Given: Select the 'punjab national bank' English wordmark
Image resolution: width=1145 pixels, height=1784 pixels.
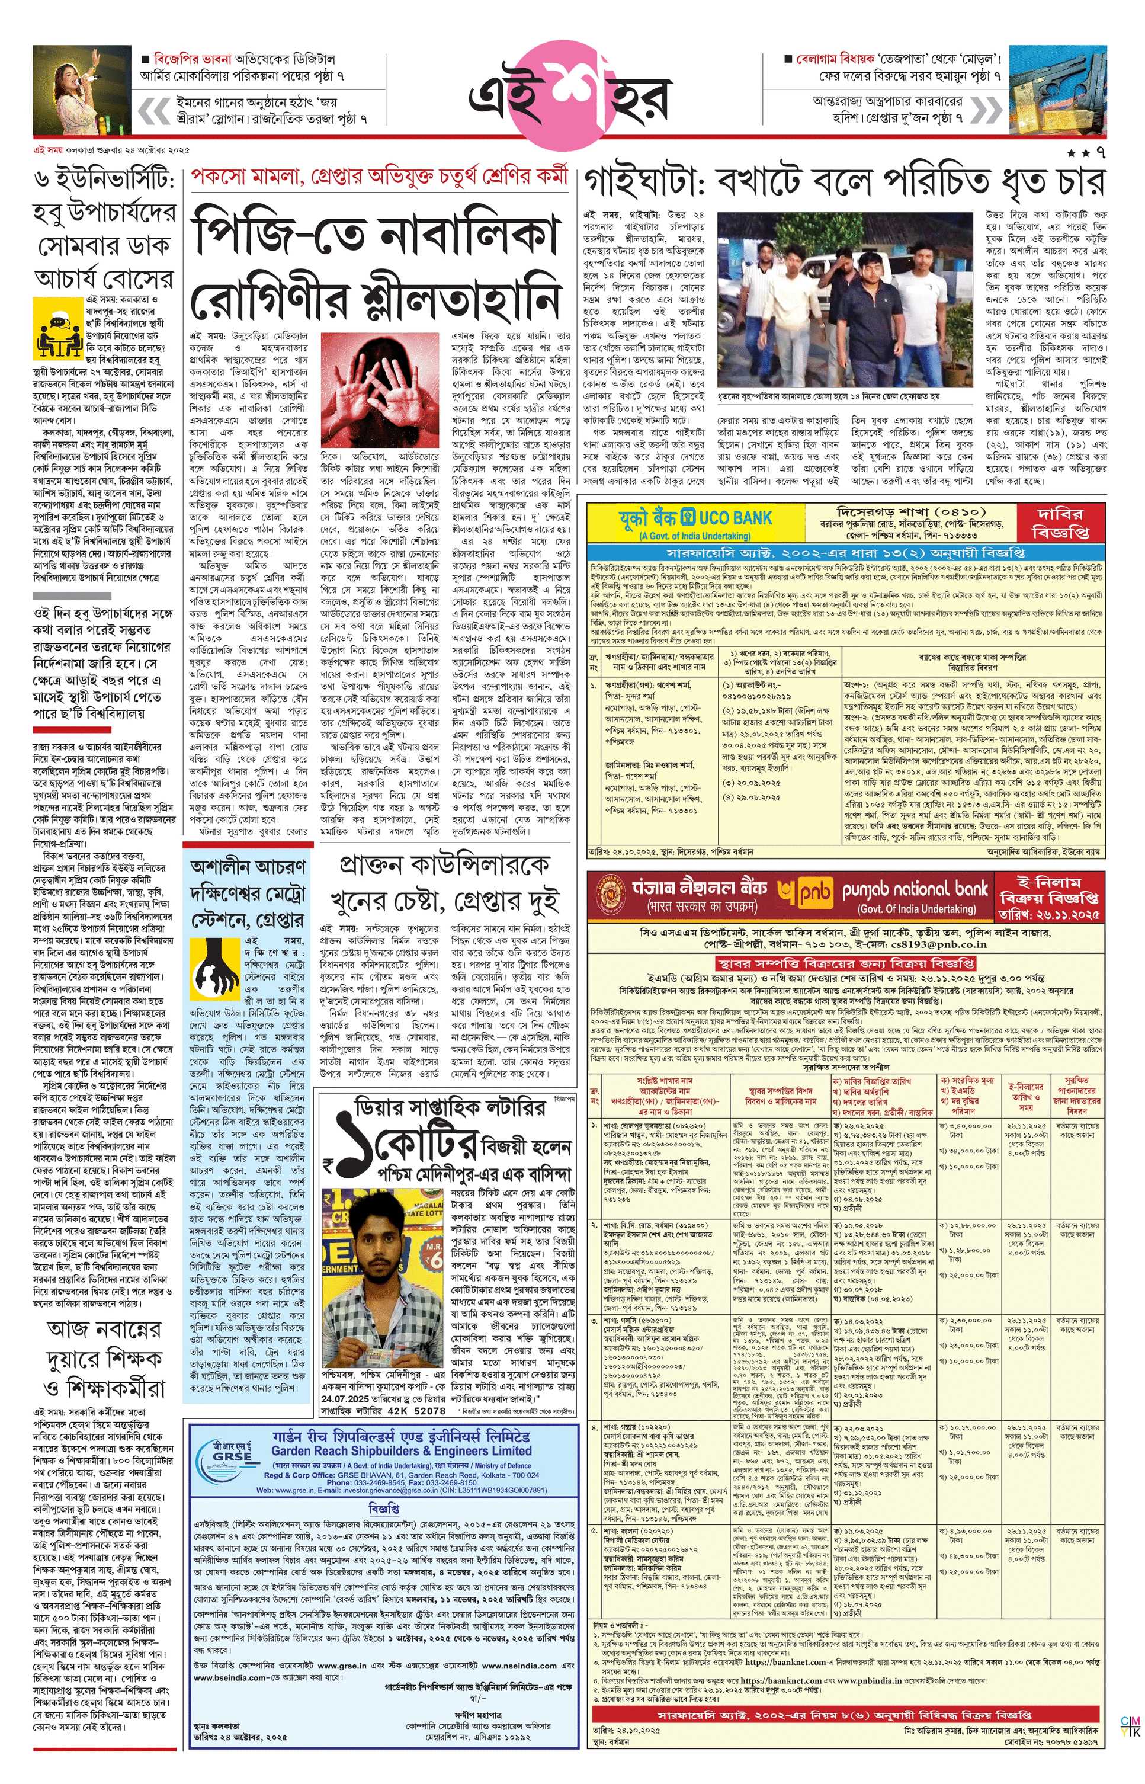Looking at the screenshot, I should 915,889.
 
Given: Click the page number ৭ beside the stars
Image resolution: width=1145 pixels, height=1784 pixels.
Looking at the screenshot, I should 1101,153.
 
